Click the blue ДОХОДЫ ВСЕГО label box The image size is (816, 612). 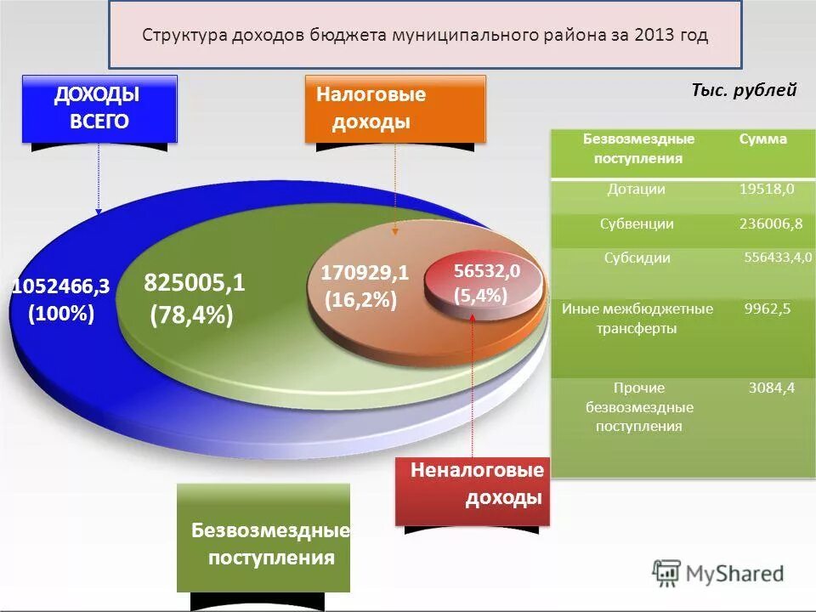click(x=99, y=108)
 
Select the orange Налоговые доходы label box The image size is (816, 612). click(x=395, y=108)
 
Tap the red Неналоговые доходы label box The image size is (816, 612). click(x=473, y=490)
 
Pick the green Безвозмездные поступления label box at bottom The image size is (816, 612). click(x=263, y=537)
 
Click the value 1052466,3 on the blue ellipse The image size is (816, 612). click(x=60, y=287)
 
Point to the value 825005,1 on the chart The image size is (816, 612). click(x=195, y=283)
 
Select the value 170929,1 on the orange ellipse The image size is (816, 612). click(x=365, y=273)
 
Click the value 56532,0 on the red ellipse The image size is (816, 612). click(x=486, y=271)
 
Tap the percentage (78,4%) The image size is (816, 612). click(x=191, y=315)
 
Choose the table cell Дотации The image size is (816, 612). click(x=636, y=190)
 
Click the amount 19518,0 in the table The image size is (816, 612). click(x=767, y=190)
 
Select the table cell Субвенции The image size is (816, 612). click(x=637, y=224)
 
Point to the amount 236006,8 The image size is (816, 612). click(x=771, y=224)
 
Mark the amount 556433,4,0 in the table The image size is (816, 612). click(x=778, y=258)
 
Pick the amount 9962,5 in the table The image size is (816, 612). click(x=768, y=309)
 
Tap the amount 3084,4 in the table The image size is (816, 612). click(x=771, y=388)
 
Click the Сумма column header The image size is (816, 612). click(x=762, y=139)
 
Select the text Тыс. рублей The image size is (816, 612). click(x=744, y=91)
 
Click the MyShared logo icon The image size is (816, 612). click(x=667, y=572)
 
